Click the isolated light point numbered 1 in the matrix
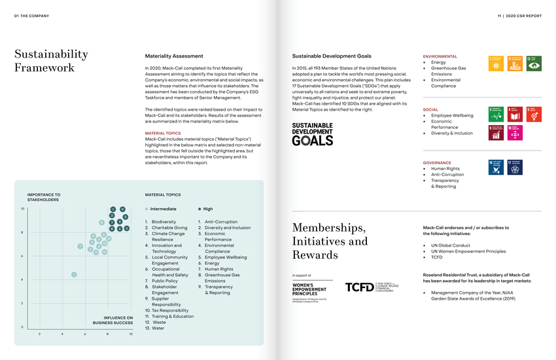pyautogui.click(x=74, y=274)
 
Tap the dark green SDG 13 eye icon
pyautogui.click(x=534, y=63)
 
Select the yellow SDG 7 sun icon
pyautogui.click(x=496, y=63)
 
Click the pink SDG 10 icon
pyautogui.click(x=515, y=133)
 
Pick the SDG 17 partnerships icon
pyautogui.click(x=515, y=168)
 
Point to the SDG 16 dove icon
pyautogui.click(x=496, y=168)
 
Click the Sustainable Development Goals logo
pyautogui.click(x=312, y=134)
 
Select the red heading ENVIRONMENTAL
pyautogui.click(x=440, y=56)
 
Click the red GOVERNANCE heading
pyautogui.click(x=438, y=162)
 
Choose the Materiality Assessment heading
pyautogui.click(x=169, y=56)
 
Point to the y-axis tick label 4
pyautogui.click(x=24, y=280)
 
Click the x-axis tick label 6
pyautogui.click(x=85, y=334)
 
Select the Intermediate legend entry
pyautogui.click(x=163, y=209)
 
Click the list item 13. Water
pyautogui.click(x=155, y=328)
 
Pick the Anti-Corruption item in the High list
pyautogui.click(x=220, y=222)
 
